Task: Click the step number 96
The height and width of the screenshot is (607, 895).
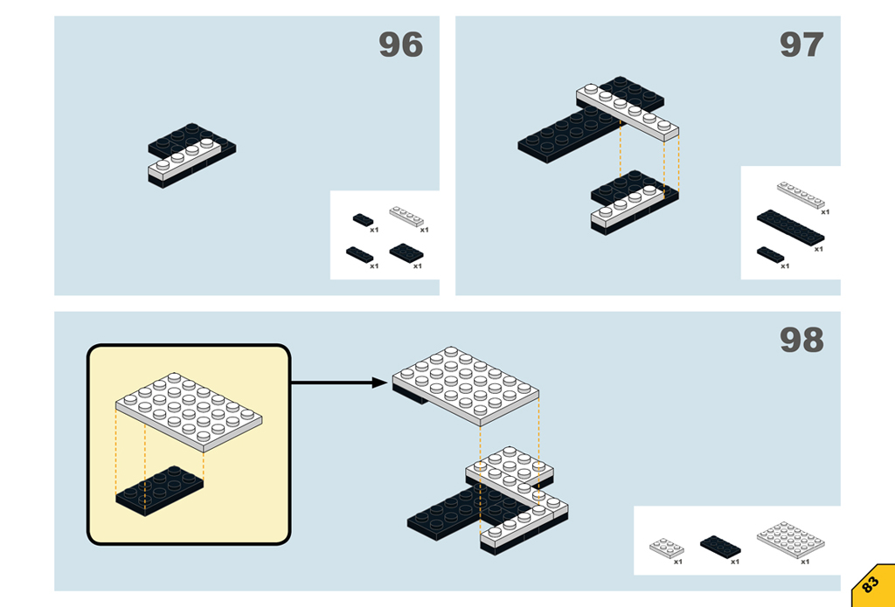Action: tap(400, 45)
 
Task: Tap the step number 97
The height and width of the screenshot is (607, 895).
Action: tap(801, 45)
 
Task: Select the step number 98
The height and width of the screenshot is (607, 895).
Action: tap(801, 340)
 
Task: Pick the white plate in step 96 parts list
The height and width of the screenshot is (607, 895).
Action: tap(407, 215)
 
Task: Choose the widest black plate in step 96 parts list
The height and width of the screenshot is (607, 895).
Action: tap(406, 252)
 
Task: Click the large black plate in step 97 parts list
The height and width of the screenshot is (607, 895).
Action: tap(790, 227)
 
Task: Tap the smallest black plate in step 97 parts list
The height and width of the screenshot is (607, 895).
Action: tap(770, 254)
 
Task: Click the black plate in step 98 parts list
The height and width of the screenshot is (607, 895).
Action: tap(720, 546)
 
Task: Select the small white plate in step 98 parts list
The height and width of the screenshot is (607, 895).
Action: tap(666, 548)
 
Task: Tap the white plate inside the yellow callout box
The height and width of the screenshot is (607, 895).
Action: tap(190, 410)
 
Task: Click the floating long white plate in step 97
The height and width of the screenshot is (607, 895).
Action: tap(628, 112)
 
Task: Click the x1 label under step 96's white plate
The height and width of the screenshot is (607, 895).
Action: tap(424, 231)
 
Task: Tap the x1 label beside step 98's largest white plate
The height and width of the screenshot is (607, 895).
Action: tap(805, 562)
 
